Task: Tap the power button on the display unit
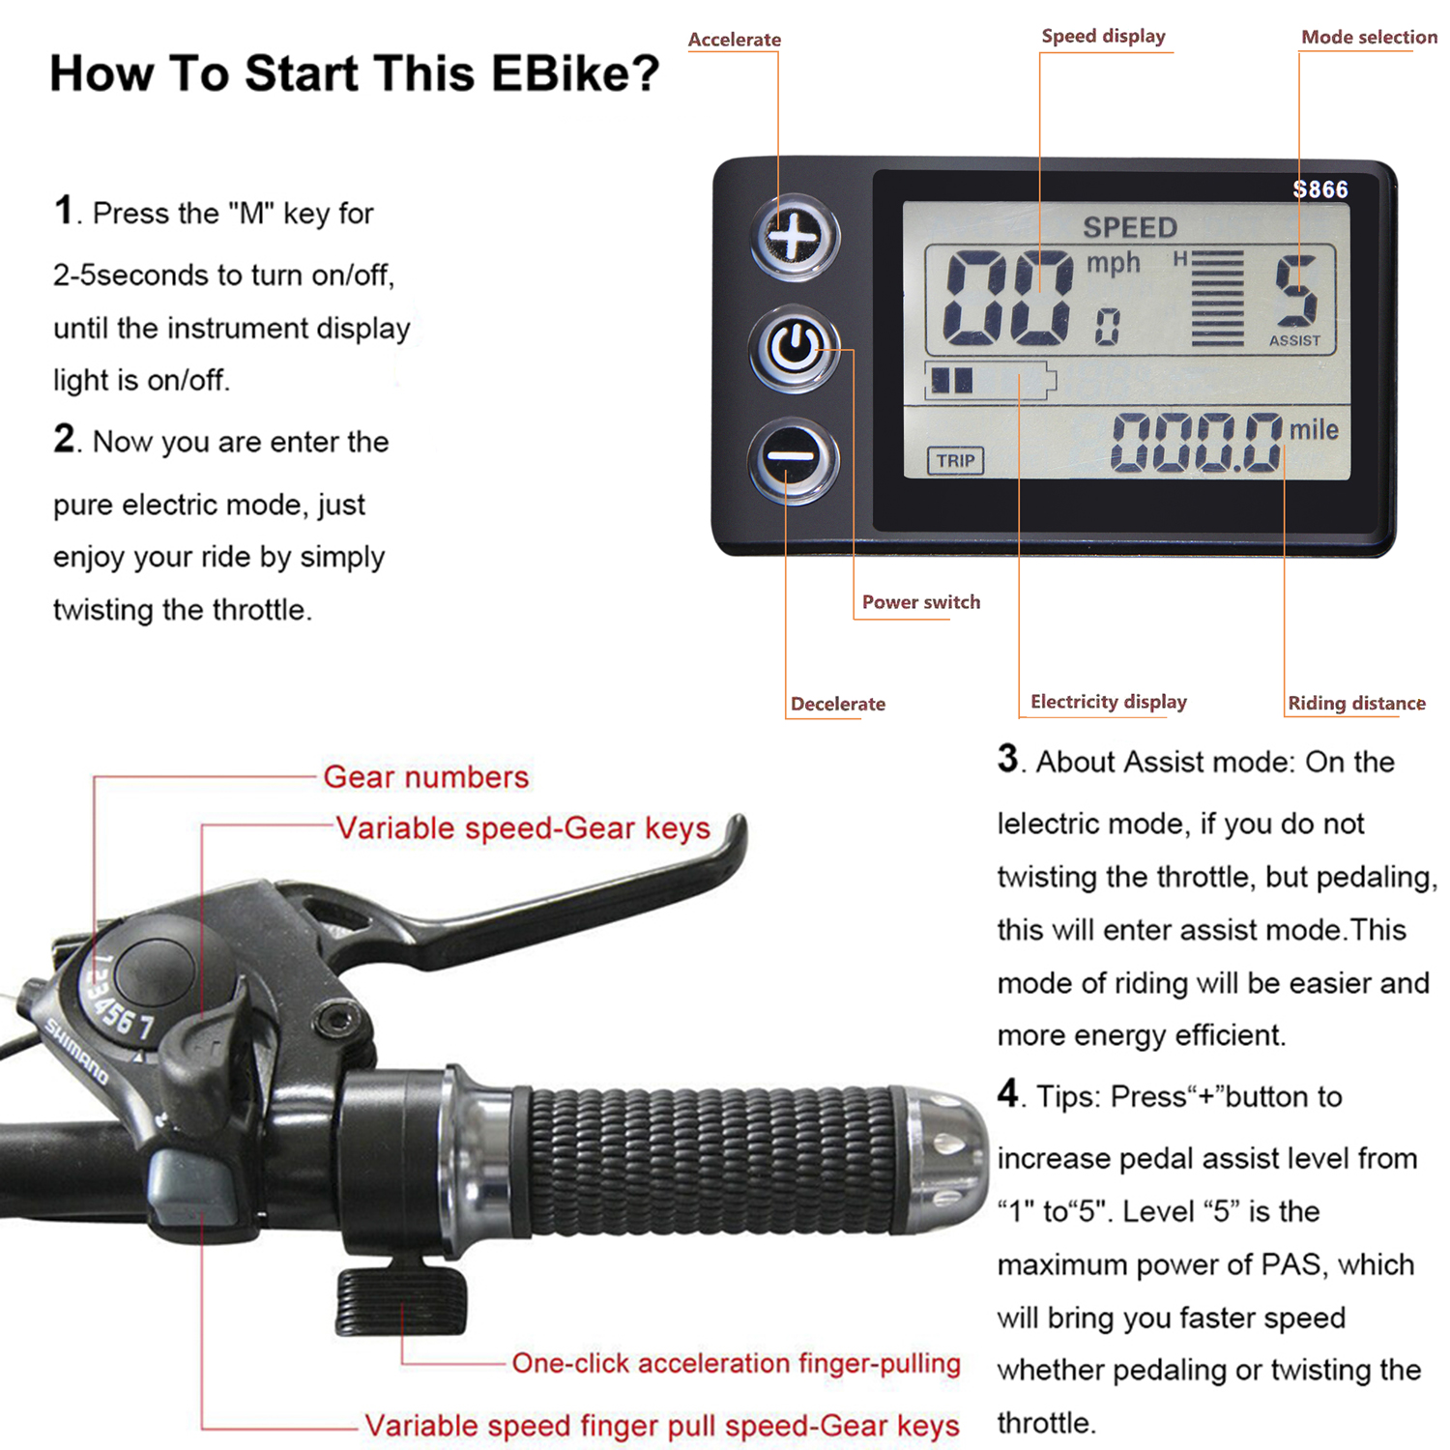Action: click(x=795, y=349)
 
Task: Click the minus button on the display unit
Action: click(x=794, y=461)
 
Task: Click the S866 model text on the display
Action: click(x=1320, y=189)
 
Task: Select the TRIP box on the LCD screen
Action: click(x=955, y=461)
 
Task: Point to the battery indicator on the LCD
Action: click(x=990, y=381)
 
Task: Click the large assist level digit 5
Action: click(x=1295, y=290)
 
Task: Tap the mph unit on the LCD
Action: click(x=1114, y=263)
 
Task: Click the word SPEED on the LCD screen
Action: click(x=1130, y=227)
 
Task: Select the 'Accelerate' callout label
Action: click(x=735, y=40)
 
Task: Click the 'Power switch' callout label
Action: click(x=921, y=602)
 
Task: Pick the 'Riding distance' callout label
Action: click(x=1356, y=703)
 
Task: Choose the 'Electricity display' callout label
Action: click(x=1109, y=702)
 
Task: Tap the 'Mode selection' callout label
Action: click(x=1369, y=37)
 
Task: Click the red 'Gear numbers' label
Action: click(x=426, y=777)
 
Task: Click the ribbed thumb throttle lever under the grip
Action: click(x=401, y=1301)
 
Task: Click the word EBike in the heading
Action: click(x=574, y=73)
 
